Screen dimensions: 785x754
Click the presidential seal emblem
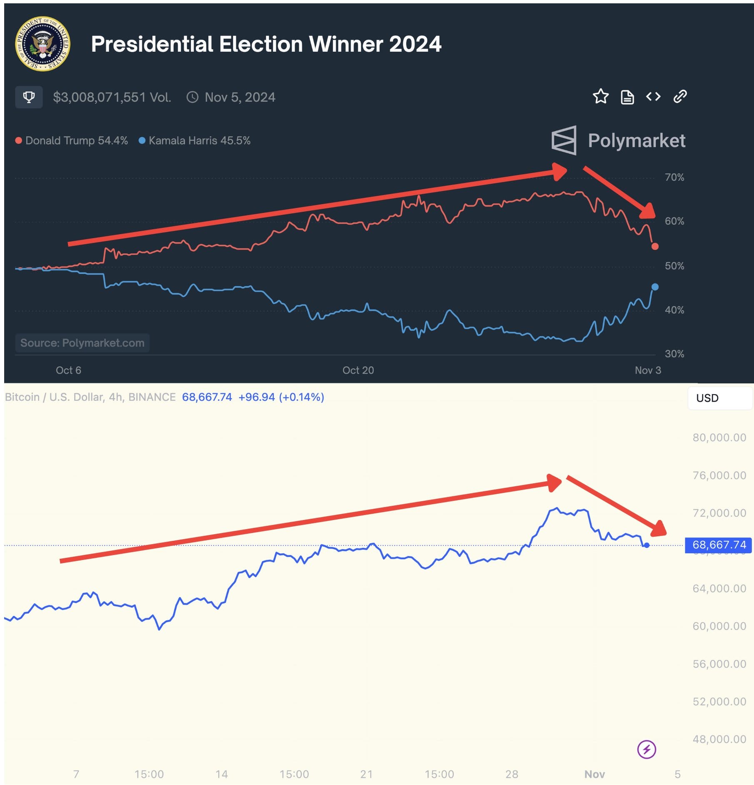click(42, 44)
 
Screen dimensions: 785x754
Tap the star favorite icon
click(600, 96)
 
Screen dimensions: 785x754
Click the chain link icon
click(680, 96)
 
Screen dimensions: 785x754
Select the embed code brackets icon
click(653, 97)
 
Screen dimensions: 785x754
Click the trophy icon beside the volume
click(29, 97)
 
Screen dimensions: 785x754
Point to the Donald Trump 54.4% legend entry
click(72, 140)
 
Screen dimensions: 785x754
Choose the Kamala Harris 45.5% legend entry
click(195, 140)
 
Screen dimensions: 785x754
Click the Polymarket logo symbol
click(564, 140)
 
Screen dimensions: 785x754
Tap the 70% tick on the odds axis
click(674, 177)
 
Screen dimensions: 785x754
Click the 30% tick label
click(674, 354)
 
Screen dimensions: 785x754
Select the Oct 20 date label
click(358, 370)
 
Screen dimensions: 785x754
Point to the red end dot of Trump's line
click(655, 246)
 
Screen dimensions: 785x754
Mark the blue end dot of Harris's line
click(655, 287)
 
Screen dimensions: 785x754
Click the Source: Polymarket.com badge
click(82, 343)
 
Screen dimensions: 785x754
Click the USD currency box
click(719, 398)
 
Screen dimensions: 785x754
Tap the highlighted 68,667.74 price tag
click(718, 545)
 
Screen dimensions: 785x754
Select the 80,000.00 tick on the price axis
click(719, 437)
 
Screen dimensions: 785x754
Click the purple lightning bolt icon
click(647, 750)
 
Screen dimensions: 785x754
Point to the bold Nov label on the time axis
click(594, 774)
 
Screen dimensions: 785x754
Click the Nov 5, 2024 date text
click(240, 97)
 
